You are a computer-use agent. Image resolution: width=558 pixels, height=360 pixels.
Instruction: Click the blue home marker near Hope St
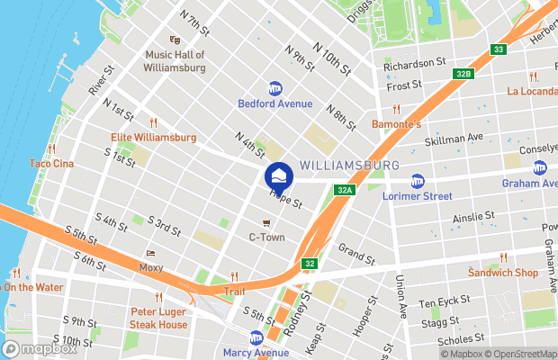click(x=279, y=175)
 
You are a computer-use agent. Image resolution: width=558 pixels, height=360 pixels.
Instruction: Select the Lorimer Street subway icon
click(x=417, y=180)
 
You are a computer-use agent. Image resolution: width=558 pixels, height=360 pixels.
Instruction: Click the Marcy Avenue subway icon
click(x=256, y=337)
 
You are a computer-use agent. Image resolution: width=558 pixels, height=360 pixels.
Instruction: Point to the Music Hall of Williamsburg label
click(x=175, y=60)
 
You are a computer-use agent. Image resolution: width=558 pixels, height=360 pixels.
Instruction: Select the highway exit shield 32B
click(x=463, y=74)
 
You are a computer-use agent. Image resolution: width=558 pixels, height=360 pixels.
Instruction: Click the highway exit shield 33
click(x=498, y=49)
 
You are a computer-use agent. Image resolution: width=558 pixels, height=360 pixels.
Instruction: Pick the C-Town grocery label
click(x=265, y=237)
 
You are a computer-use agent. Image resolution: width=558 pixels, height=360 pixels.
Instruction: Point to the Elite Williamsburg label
click(x=153, y=138)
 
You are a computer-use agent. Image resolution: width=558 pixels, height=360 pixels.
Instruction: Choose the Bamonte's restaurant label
click(x=396, y=123)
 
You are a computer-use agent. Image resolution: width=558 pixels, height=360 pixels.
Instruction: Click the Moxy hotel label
click(x=151, y=267)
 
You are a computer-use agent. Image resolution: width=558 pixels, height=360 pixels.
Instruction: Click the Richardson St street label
click(x=415, y=65)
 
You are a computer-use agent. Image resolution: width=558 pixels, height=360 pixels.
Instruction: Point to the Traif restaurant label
click(x=234, y=292)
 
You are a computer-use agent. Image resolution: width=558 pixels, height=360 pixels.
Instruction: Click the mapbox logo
click(x=40, y=348)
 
